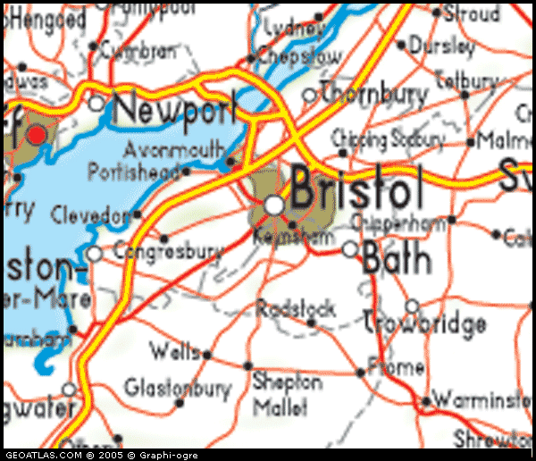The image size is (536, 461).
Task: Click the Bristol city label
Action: click(356, 190)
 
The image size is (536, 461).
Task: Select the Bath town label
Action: click(397, 258)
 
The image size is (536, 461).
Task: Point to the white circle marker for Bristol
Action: click(274, 205)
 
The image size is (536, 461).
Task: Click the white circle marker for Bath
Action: click(350, 249)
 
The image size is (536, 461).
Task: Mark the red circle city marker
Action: click(37, 135)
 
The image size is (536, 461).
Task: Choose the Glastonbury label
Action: click(177, 389)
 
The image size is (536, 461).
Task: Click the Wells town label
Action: click(175, 351)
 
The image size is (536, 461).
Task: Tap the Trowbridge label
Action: click(425, 323)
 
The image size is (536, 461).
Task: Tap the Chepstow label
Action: click(300, 56)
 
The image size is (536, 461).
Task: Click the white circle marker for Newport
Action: click(96, 104)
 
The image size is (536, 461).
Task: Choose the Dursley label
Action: click(442, 45)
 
